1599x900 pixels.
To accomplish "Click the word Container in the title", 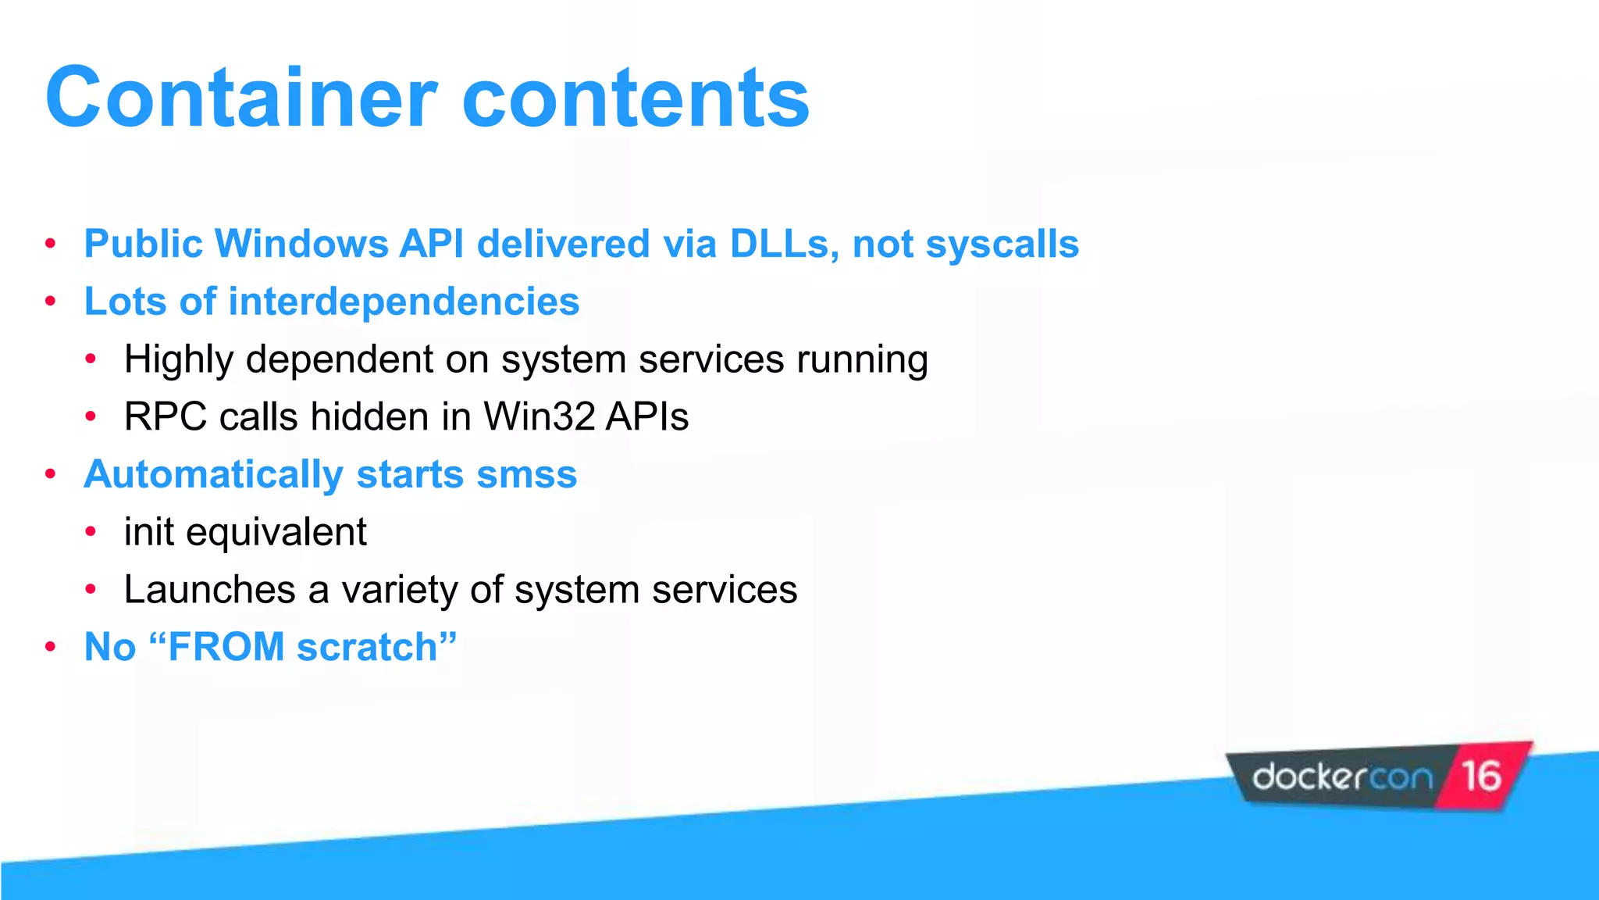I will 240,98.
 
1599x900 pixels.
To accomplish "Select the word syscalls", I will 1002,244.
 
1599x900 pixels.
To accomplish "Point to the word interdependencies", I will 403,302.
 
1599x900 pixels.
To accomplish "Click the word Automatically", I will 213,475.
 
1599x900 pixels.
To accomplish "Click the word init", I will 148,532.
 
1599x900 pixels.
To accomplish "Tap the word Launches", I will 209,590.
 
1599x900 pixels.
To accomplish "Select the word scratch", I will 367,648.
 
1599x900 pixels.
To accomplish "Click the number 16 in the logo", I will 1481,777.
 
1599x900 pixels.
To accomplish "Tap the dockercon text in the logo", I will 1342,778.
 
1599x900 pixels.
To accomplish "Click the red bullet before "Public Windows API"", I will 51,244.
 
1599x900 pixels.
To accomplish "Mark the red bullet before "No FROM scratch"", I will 51,648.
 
